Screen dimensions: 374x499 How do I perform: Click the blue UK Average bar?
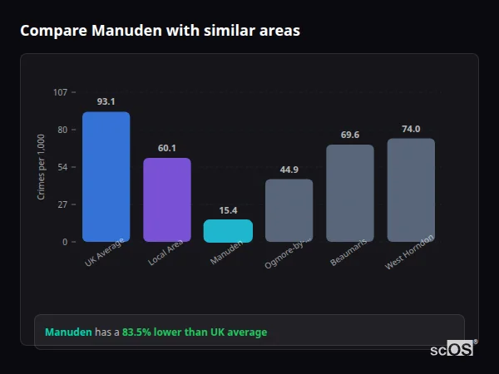(106, 176)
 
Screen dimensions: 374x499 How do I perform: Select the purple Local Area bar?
(166, 199)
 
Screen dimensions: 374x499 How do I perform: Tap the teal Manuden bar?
(228, 230)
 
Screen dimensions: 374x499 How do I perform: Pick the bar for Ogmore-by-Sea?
(289, 210)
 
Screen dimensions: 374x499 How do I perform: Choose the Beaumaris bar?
(350, 193)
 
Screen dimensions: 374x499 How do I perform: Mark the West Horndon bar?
(411, 189)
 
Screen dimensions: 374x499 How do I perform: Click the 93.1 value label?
(106, 101)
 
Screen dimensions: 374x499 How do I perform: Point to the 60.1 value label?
(166, 148)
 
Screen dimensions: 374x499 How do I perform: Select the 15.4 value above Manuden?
(228, 210)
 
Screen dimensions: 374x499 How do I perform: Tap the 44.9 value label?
(289, 170)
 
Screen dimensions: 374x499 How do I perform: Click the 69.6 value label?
(350, 135)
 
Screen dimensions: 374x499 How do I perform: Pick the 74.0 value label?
(411, 129)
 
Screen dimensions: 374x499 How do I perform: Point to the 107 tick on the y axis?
(60, 92)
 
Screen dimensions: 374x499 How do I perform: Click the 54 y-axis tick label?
(62, 167)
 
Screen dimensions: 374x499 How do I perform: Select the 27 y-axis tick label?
(62, 204)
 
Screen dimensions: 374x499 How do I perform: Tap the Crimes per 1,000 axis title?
(41, 167)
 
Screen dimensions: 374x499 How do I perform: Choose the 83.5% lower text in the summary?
(151, 332)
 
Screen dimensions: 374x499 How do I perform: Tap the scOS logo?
(452, 349)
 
